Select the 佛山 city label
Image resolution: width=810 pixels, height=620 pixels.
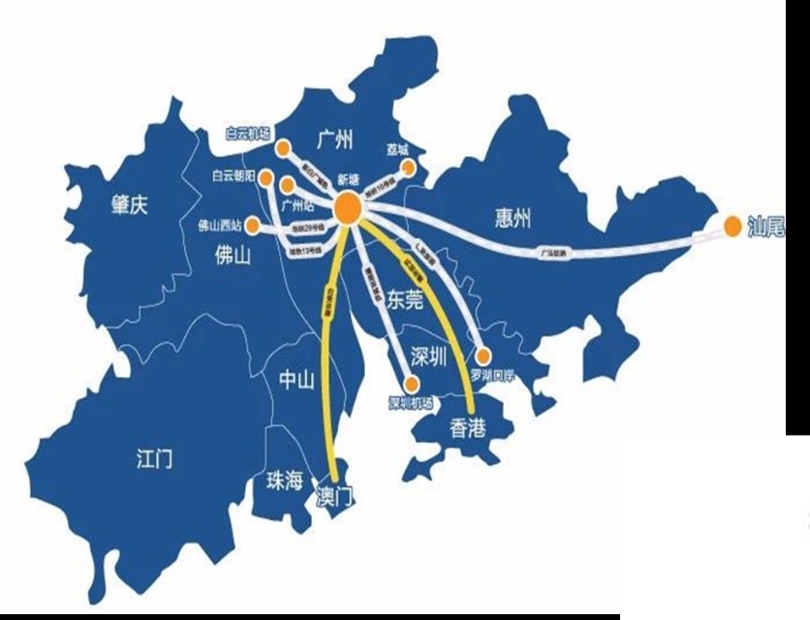234,255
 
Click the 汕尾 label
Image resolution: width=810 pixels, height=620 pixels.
766,228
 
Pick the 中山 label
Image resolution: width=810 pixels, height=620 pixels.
296,381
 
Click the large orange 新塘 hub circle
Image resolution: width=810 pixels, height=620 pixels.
349,209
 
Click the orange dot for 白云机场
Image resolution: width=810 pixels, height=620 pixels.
283,149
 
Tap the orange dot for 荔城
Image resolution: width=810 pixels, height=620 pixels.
408,168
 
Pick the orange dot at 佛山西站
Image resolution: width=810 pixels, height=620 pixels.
252,226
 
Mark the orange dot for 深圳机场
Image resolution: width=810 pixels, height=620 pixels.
411,385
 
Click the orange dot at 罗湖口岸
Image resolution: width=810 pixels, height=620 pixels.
483,356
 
